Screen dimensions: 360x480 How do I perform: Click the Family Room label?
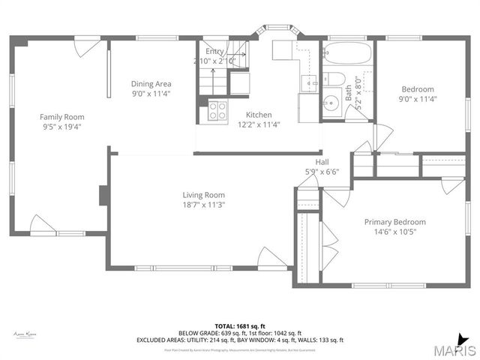(x=61, y=116)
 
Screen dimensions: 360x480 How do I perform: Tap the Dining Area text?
(x=153, y=83)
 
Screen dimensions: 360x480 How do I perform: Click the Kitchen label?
(x=249, y=115)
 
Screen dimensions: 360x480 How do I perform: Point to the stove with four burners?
(x=217, y=111)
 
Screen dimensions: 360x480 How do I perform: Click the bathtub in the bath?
(x=346, y=53)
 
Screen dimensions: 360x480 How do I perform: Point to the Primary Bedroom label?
(x=394, y=221)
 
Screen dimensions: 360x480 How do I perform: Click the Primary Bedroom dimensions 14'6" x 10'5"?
(x=394, y=232)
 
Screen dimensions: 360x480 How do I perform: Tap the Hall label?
(x=322, y=161)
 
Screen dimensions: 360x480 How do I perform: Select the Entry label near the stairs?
(x=215, y=51)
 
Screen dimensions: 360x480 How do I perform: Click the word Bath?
(x=349, y=92)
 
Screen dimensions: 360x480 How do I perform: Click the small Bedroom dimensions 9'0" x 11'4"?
(x=417, y=99)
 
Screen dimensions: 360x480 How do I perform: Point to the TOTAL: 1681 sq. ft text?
(x=240, y=326)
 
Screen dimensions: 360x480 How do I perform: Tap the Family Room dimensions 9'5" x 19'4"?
(x=61, y=127)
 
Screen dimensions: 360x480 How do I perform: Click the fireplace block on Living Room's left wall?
(x=104, y=195)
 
